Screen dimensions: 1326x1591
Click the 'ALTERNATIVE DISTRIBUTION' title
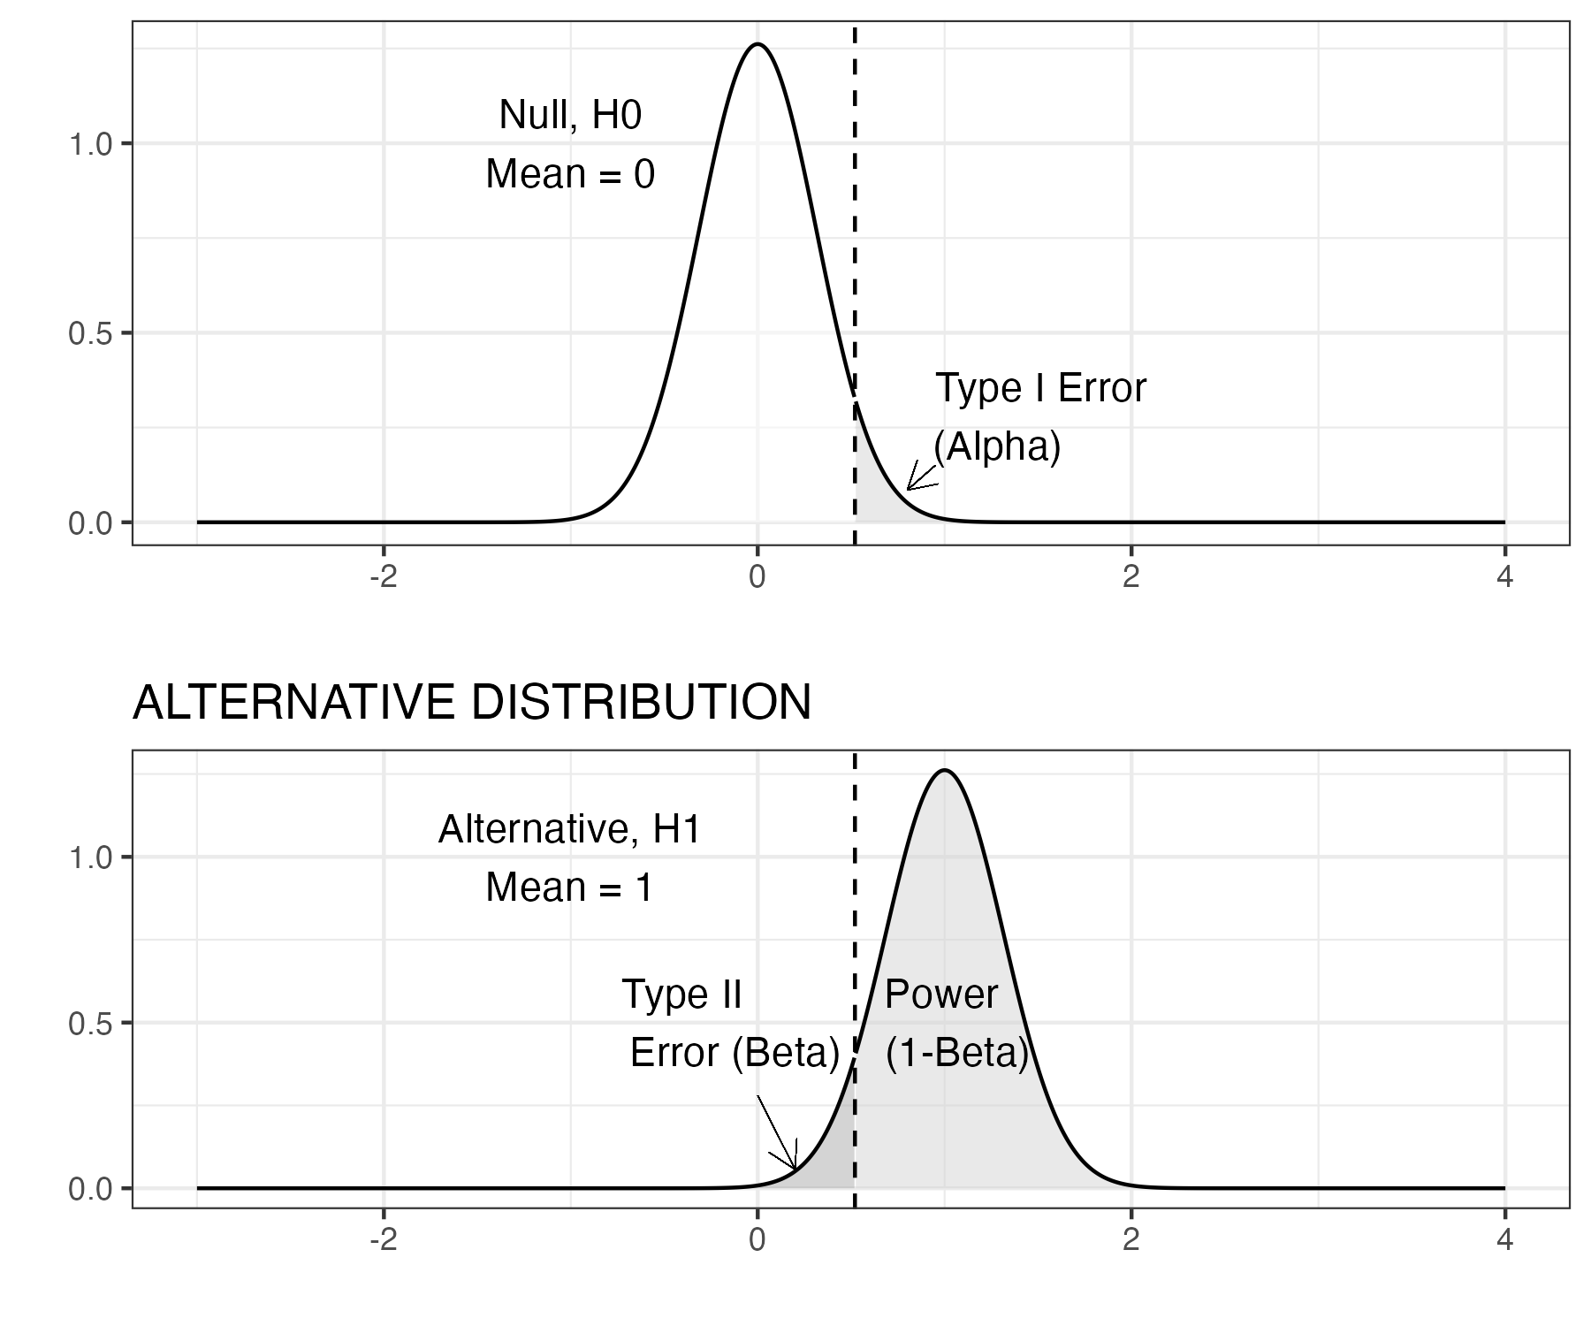coord(471,703)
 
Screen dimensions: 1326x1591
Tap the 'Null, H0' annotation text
coord(570,115)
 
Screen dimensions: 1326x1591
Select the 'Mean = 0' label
coord(570,173)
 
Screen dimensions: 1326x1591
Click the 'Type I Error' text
coord(1040,388)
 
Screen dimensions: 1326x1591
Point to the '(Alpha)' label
coord(997,447)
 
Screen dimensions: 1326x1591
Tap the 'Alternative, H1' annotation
coord(569,829)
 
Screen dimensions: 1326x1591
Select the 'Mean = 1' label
coord(569,887)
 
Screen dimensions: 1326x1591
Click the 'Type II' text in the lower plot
coord(681,994)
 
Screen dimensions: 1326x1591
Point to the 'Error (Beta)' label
coord(735,1053)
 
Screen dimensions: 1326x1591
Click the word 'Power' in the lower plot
coord(940,994)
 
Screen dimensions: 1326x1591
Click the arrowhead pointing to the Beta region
coord(794,1167)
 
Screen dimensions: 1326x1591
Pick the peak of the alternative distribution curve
coord(945,771)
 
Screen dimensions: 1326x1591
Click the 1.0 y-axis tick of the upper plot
coord(90,144)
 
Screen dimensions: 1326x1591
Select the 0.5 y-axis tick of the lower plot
coord(90,1024)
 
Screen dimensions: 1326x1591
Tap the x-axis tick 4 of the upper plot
coord(1504,577)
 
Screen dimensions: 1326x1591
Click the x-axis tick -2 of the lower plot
coord(382,1240)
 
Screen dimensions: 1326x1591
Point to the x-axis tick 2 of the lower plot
coord(1130,1240)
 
